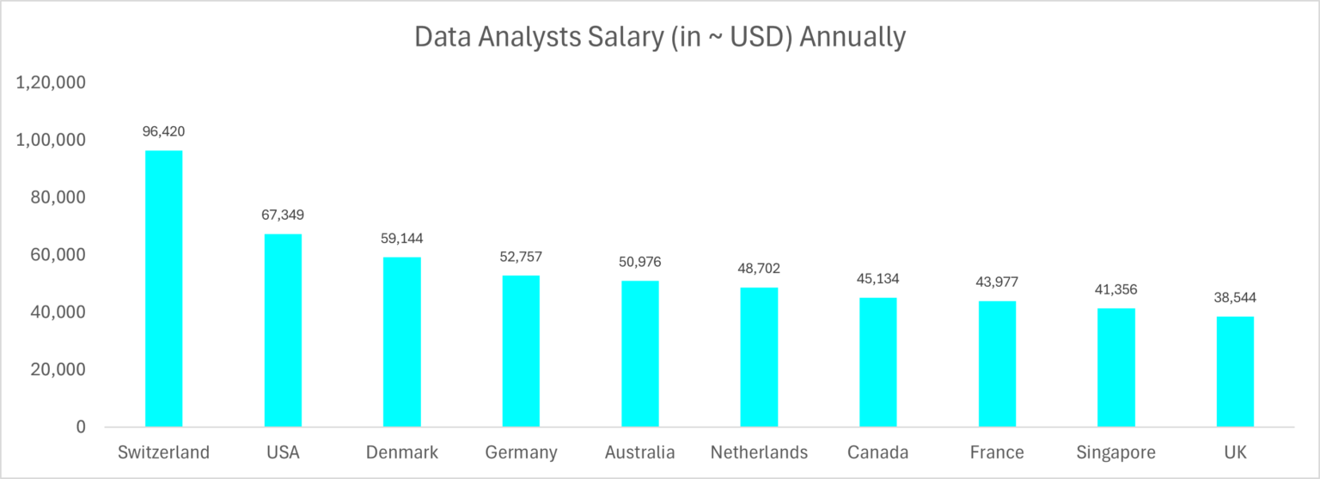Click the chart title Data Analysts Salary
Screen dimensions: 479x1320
[659, 38]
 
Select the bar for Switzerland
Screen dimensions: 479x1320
[163, 288]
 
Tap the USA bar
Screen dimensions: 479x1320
[283, 330]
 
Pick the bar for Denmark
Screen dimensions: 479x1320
[402, 342]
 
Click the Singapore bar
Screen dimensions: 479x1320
[1116, 367]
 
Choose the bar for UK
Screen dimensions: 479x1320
[1235, 372]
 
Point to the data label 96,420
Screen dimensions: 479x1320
[163, 132]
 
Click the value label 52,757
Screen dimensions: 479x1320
[521, 257]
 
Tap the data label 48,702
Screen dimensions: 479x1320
[759, 269]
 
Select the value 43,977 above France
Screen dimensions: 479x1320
[997, 282]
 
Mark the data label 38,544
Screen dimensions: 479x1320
[1235, 298]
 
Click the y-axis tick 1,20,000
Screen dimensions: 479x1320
[51, 83]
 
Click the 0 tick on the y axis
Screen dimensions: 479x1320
[80, 427]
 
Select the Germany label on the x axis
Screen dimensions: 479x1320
[521, 452]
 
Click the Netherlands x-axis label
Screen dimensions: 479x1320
[759, 452]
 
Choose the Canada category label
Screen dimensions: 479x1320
[877, 452]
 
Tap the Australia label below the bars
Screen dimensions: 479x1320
[639, 452]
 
